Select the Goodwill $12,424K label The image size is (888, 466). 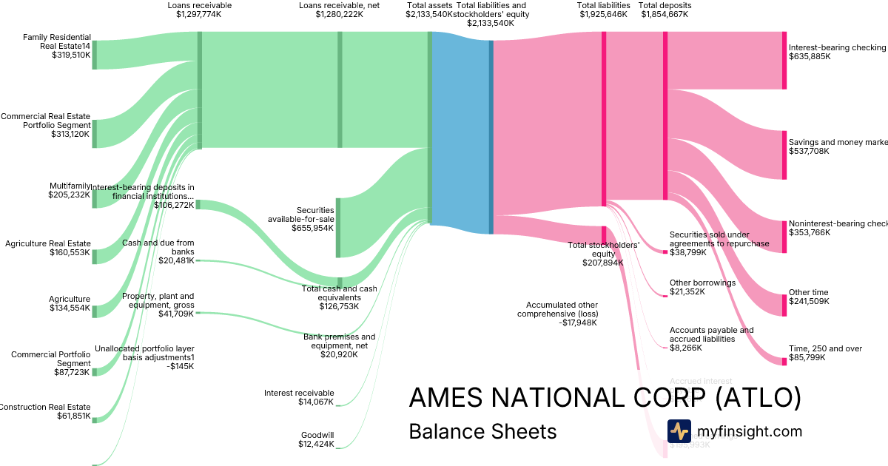[x=317, y=439]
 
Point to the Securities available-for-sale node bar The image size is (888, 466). [x=339, y=228]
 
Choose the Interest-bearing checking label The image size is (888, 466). [x=837, y=52]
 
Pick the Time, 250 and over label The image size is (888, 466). [x=825, y=353]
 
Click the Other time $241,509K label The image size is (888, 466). [x=809, y=297]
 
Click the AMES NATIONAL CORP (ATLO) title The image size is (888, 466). [x=605, y=398]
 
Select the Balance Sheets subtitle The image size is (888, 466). [x=482, y=431]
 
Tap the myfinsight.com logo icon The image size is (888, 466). [x=679, y=431]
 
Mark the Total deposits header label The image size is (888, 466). [x=665, y=10]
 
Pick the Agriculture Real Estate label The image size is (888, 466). [x=48, y=248]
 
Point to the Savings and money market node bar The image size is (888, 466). [x=784, y=155]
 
